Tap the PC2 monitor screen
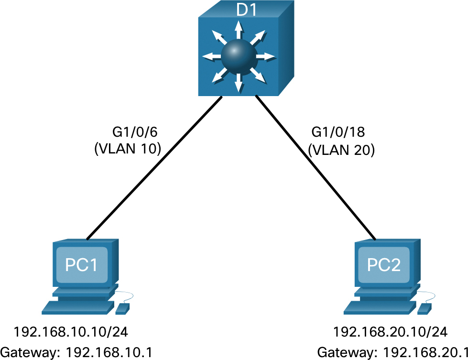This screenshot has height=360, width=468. (385, 264)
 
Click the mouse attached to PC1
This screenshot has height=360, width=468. (122, 308)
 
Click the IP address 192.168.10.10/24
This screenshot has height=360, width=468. (71, 331)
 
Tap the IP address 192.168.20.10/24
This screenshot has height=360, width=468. (390, 331)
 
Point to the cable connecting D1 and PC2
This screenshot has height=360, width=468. (316, 167)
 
